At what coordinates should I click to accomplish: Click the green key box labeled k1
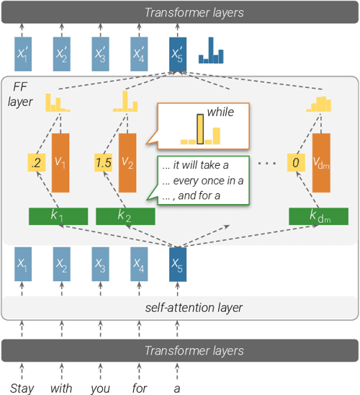click(58, 216)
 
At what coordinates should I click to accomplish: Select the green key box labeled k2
click(126, 216)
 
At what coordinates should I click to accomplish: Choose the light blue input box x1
click(24, 267)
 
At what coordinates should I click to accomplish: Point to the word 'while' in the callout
click(220, 112)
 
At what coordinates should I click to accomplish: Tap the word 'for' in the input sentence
click(139, 388)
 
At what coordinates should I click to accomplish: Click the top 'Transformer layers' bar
click(180, 12)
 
